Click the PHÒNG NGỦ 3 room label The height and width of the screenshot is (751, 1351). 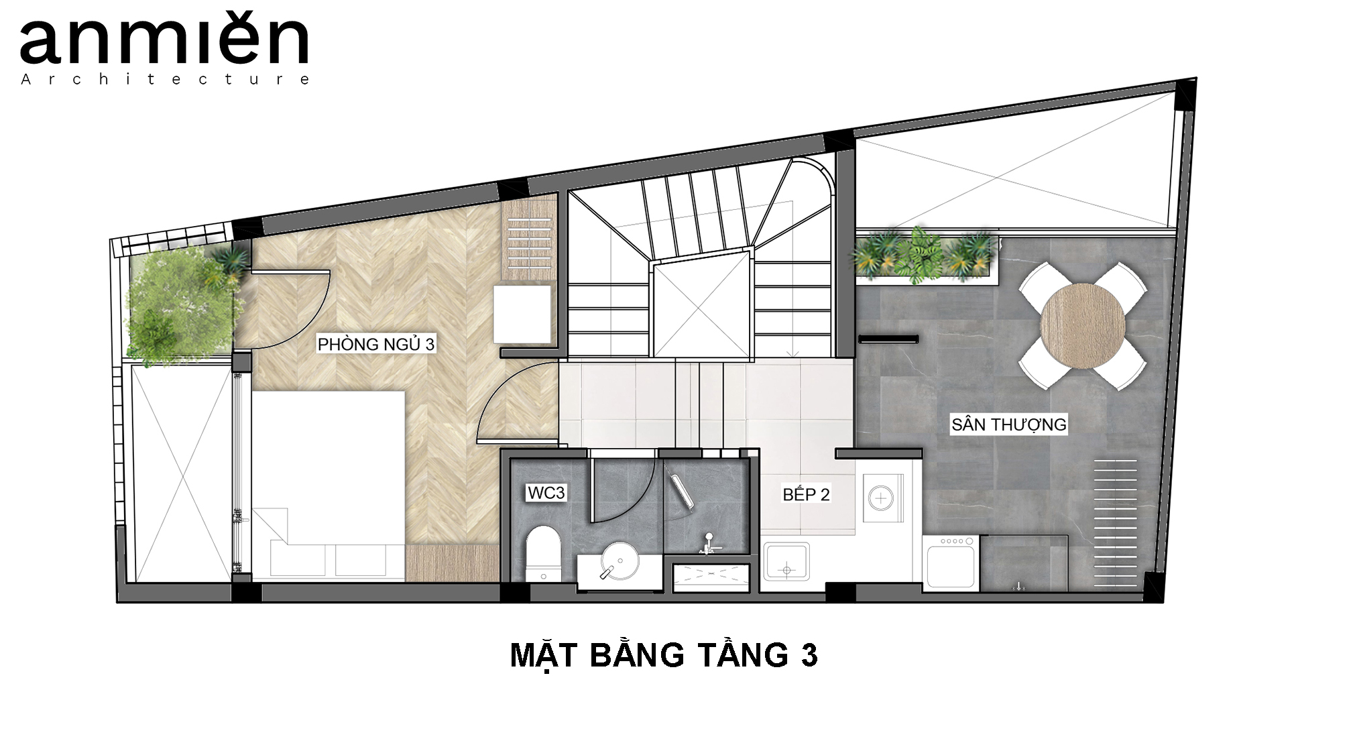[x=376, y=344]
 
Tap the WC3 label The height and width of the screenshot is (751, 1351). [x=546, y=493]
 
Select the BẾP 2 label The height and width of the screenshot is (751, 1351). [x=806, y=495]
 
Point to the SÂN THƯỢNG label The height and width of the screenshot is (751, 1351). [x=1008, y=424]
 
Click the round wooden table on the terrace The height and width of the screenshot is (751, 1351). [x=1082, y=327]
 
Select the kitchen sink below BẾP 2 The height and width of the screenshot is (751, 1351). [x=786, y=561]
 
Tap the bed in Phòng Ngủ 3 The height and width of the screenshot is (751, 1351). [x=329, y=485]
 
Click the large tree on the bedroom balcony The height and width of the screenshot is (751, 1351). [x=178, y=307]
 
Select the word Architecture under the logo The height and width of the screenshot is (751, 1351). [x=165, y=79]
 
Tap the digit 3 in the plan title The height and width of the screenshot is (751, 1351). [x=809, y=656]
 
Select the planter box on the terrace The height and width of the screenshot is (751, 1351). [x=925, y=257]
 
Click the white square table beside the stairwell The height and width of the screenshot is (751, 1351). [x=522, y=314]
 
